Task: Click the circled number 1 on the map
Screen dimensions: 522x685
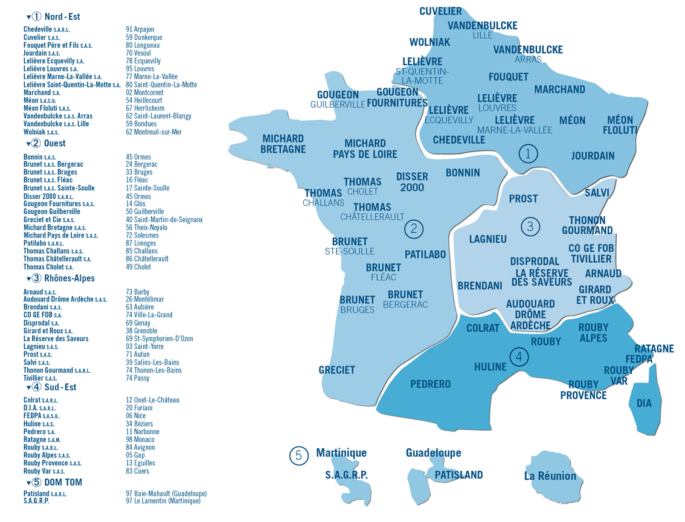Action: pyautogui.click(x=528, y=154)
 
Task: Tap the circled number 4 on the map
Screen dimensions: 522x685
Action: pyautogui.click(x=519, y=357)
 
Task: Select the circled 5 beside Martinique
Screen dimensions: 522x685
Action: pyautogui.click(x=298, y=456)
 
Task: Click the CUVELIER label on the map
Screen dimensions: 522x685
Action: pyautogui.click(x=440, y=11)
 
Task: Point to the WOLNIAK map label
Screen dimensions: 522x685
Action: pyautogui.click(x=429, y=42)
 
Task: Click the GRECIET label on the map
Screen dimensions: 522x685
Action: pyautogui.click(x=336, y=370)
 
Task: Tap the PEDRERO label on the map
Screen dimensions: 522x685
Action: pyautogui.click(x=430, y=384)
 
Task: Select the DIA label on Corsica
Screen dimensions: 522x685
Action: pyautogui.click(x=644, y=403)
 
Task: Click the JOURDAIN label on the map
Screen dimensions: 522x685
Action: pyautogui.click(x=593, y=156)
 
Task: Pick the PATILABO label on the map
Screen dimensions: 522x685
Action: pyautogui.click(x=425, y=255)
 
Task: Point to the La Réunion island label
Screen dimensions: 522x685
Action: pyautogui.click(x=550, y=476)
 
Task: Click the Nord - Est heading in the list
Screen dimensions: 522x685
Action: pyautogui.click(x=62, y=17)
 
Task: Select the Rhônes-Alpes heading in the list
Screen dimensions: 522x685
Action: pyautogui.click(x=69, y=279)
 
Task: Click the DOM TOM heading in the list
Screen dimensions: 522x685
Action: pyautogui.click(x=63, y=482)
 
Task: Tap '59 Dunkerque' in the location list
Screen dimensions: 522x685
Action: pyautogui.click(x=144, y=37)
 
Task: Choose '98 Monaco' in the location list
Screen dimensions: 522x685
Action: pyautogui.click(x=140, y=440)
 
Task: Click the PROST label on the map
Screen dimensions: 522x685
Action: pyautogui.click(x=523, y=199)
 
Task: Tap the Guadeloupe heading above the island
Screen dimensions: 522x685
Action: pyautogui.click(x=433, y=453)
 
